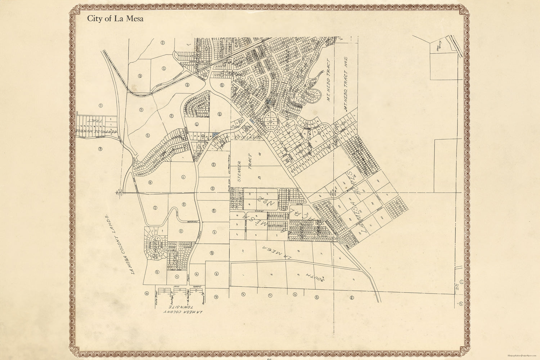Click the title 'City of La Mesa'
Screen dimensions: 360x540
[x=115, y=19]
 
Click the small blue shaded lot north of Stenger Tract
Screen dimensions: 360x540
[x=215, y=134]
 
